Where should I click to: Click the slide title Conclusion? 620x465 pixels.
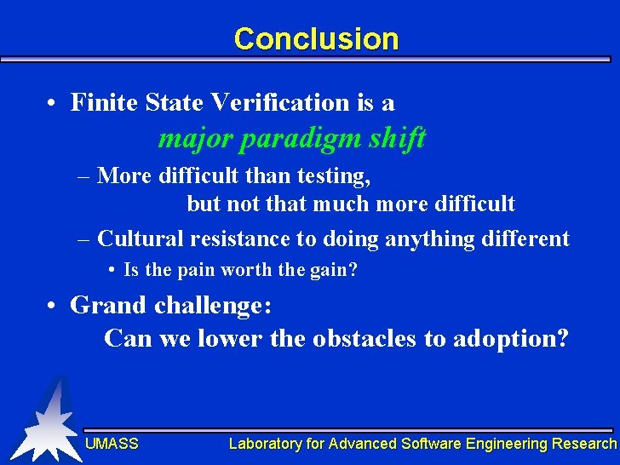[x=316, y=39]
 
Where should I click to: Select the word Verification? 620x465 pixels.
[x=278, y=103]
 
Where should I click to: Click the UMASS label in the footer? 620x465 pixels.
[x=112, y=444]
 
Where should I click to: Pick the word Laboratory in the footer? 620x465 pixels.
[x=264, y=444]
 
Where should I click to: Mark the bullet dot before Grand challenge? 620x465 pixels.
[x=53, y=306]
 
